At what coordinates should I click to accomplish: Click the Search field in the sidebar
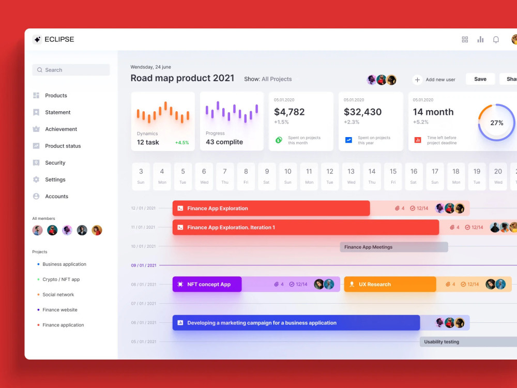tap(71, 70)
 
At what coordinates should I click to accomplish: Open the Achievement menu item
tap(60, 129)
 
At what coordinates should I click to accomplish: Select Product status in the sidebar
tap(63, 146)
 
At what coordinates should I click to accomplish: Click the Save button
tap(480, 79)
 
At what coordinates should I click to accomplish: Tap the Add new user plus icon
tap(417, 80)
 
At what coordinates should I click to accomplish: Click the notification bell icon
tap(496, 39)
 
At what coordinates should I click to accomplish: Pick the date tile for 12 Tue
tap(330, 176)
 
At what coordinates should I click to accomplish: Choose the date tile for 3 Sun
tap(141, 176)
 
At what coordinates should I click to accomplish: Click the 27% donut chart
tap(496, 123)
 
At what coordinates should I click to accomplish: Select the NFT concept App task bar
tap(207, 284)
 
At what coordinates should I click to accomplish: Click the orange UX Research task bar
tap(390, 284)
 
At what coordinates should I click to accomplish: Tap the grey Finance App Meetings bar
tap(393, 247)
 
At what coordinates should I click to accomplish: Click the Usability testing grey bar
tap(465, 341)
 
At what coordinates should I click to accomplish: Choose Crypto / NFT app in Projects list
tap(61, 279)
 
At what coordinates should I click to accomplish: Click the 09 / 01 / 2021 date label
tap(143, 265)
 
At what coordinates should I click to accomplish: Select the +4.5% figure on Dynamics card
tap(182, 142)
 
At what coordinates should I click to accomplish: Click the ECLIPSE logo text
tap(59, 39)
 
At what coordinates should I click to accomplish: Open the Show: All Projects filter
tap(268, 79)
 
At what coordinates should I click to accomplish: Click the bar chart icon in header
tap(480, 39)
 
